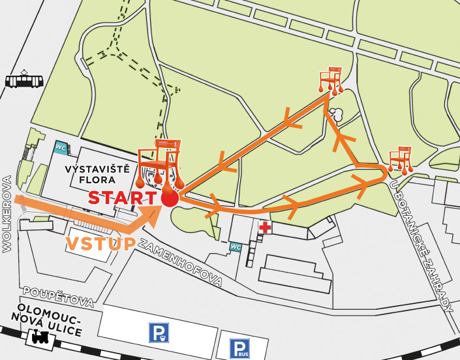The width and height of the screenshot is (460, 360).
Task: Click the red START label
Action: point(122,198)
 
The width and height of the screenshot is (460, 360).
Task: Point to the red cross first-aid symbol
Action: point(265,228)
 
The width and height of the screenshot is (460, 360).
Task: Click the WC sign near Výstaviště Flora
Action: point(61,147)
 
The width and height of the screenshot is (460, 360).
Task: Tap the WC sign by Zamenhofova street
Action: point(236,247)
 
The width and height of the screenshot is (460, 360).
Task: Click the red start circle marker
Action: point(169,198)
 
